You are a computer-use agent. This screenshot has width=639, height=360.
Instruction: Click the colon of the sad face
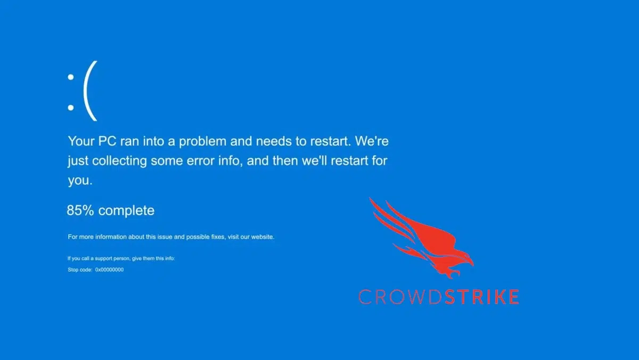pyautogui.click(x=70, y=92)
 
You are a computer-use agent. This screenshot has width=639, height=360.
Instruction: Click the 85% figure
pyautogui.click(x=80, y=210)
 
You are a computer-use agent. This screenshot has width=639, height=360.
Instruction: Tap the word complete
pyautogui.click(x=126, y=210)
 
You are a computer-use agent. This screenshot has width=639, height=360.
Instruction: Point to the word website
pyautogui.click(x=260, y=236)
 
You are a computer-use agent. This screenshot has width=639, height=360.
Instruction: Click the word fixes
pyautogui.click(x=216, y=236)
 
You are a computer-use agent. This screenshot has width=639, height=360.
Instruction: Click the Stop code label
pyautogui.click(x=80, y=269)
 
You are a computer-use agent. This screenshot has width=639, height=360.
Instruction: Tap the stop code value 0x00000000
pyautogui.click(x=109, y=269)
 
